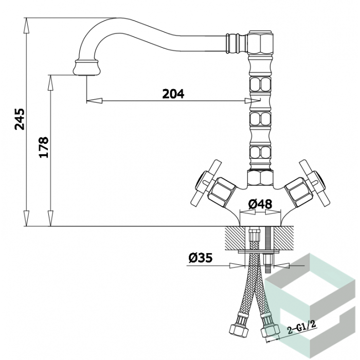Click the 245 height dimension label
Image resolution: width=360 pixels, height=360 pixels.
(x=20, y=119)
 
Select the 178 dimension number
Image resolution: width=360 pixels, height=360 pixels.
(x=44, y=147)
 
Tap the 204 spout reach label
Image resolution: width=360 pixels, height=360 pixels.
(x=173, y=94)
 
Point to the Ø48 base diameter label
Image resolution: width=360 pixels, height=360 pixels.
(x=260, y=204)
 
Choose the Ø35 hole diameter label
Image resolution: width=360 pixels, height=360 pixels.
(x=201, y=258)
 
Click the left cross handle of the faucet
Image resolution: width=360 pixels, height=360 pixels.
(x=206, y=183)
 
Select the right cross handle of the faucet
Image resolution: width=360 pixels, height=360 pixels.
(x=314, y=183)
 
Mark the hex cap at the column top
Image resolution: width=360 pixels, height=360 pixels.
(x=261, y=42)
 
